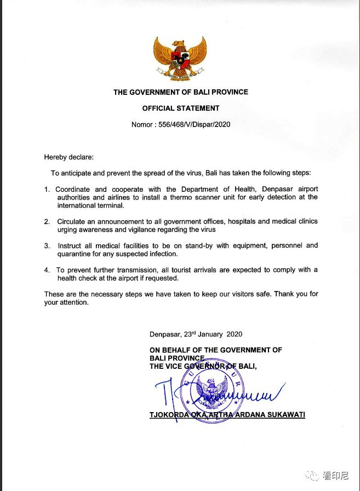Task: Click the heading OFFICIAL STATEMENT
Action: pyautogui.click(x=181, y=109)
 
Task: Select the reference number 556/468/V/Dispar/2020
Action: pyautogui.click(x=196, y=124)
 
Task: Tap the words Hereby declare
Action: pyautogui.click(x=69, y=157)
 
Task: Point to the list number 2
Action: pyautogui.click(x=47, y=222)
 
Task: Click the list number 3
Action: pyautogui.click(x=47, y=246)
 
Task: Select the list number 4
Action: pyautogui.click(x=47, y=270)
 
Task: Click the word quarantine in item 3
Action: pyautogui.click(x=75, y=254)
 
